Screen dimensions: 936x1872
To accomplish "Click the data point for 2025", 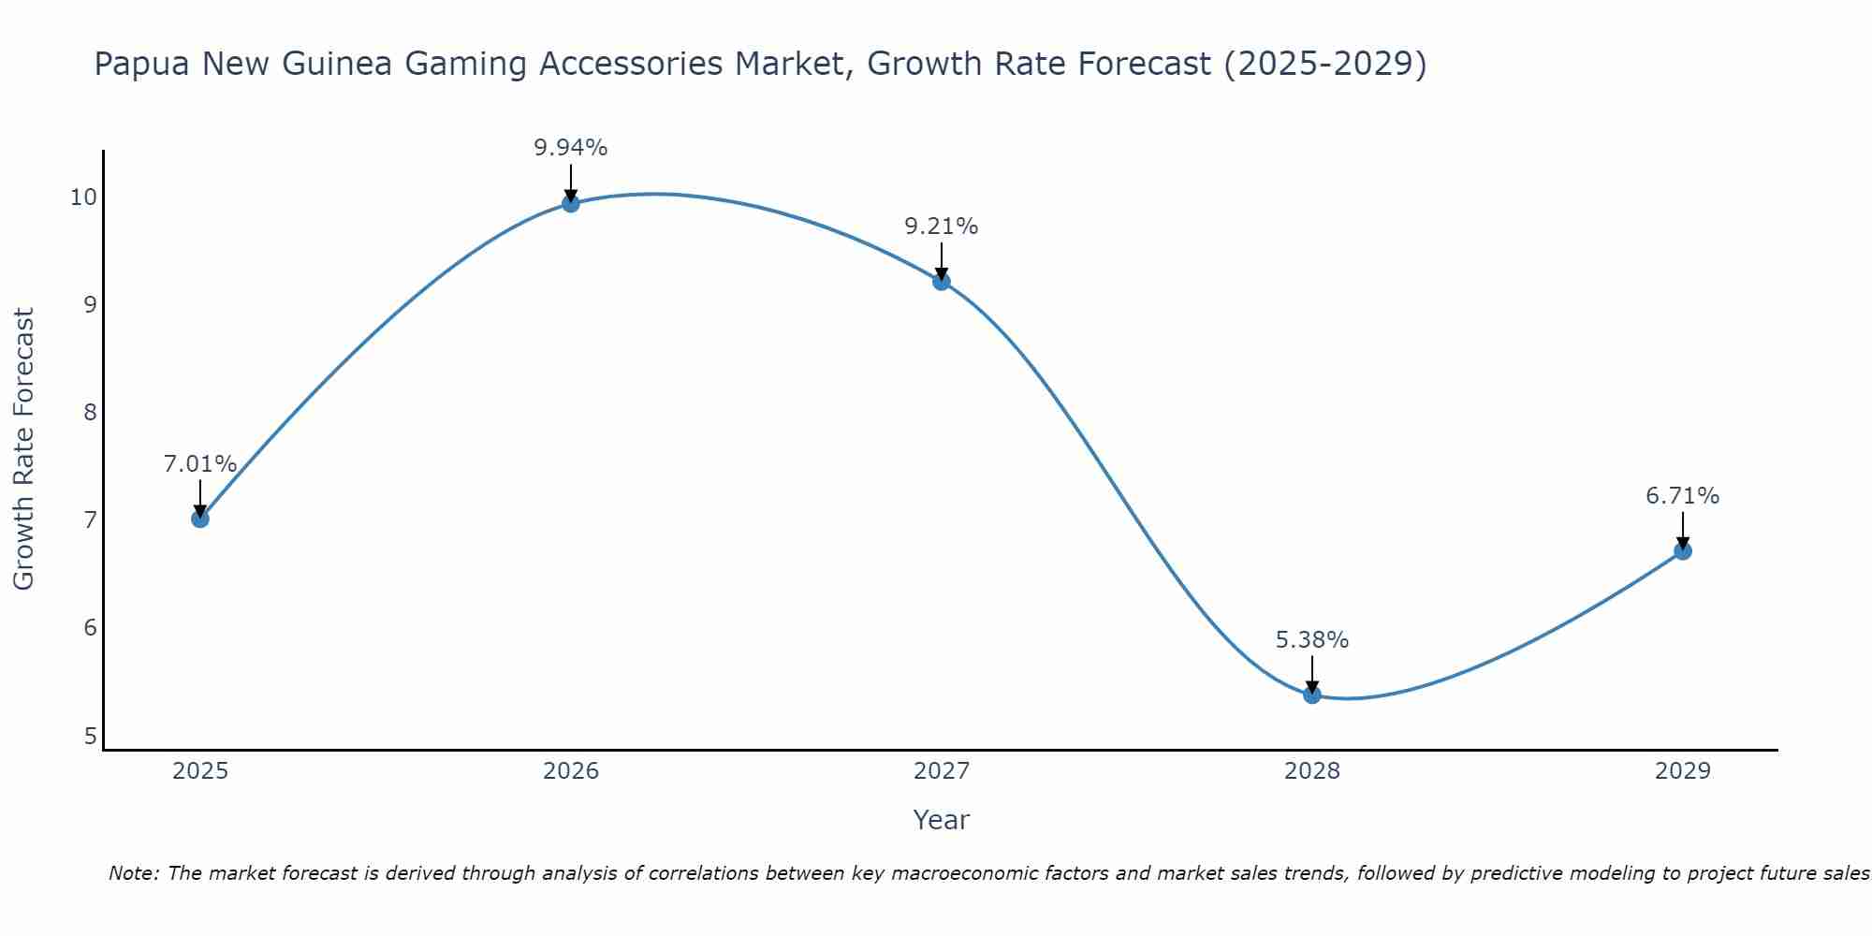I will [199, 519].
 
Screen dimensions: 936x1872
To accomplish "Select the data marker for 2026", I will [570, 203].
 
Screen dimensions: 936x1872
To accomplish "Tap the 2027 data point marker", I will [941, 282].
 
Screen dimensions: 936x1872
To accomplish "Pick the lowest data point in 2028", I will [1311, 695].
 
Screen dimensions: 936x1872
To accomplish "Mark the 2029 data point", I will [1682, 551].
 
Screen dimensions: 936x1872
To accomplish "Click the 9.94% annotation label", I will [570, 148].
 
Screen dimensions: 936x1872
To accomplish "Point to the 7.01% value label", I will [199, 464].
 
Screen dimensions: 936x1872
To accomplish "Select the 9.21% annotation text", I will [941, 227].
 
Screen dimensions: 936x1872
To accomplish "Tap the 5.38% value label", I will [1311, 640].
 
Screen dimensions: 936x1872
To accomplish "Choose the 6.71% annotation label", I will [1682, 496].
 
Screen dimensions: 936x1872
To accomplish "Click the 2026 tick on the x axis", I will [570, 771].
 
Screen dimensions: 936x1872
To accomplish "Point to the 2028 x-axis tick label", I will [1311, 771].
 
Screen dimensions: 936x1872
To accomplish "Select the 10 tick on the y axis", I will [82, 197].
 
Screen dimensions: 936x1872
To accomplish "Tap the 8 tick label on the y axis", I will [90, 412].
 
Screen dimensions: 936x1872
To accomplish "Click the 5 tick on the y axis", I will [90, 737].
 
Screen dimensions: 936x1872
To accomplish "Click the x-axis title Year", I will [941, 820].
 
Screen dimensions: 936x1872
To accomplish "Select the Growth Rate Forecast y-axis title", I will [24, 448].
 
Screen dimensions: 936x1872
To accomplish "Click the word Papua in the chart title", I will [140, 65].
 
